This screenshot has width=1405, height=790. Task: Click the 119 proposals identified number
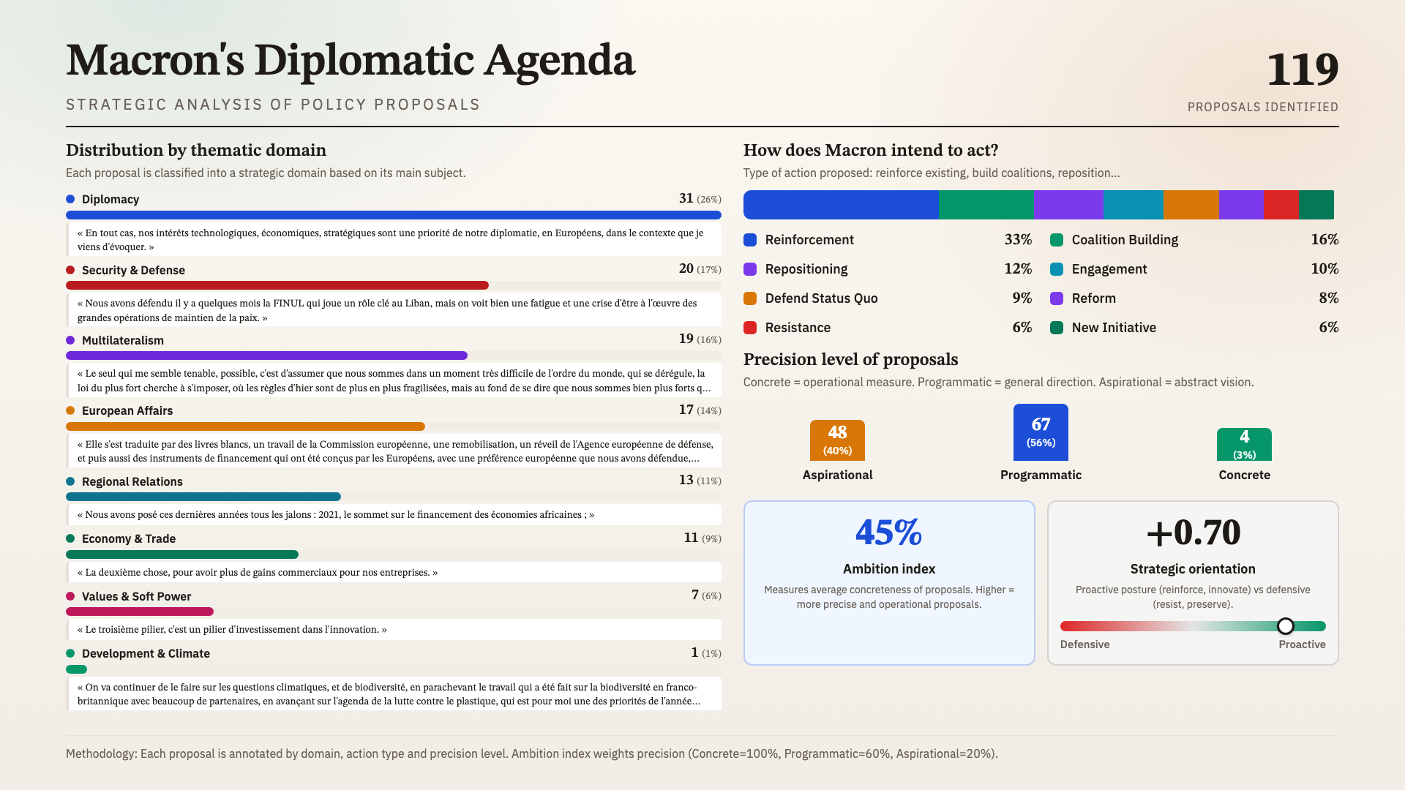click(1302, 70)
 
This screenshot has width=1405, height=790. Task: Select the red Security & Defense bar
click(277, 285)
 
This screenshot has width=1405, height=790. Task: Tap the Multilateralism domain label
click(122, 340)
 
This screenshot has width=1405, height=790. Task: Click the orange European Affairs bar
click(245, 426)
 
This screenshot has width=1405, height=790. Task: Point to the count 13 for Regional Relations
click(686, 480)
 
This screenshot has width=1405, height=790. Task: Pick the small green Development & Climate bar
click(76, 669)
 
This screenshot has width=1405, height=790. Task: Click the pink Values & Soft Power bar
click(139, 612)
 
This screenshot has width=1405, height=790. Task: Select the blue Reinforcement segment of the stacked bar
click(841, 205)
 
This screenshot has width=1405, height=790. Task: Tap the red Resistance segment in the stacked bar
click(1281, 205)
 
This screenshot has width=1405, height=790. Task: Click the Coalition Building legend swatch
click(1057, 240)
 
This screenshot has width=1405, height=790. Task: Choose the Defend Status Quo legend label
click(821, 298)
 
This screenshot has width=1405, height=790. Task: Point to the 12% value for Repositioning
click(1018, 269)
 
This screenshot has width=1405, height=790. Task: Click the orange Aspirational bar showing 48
click(837, 440)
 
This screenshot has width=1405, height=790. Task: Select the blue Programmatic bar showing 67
click(1041, 432)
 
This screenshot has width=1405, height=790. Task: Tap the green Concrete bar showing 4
click(1244, 445)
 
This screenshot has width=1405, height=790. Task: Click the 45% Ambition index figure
click(888, 533)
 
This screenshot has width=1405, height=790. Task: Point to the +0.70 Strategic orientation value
click(1193, 533)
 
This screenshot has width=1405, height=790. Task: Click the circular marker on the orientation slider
click(1286, 626)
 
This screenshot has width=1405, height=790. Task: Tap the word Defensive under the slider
click(1084, 644)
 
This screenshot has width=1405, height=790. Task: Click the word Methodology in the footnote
click(100, 753)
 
